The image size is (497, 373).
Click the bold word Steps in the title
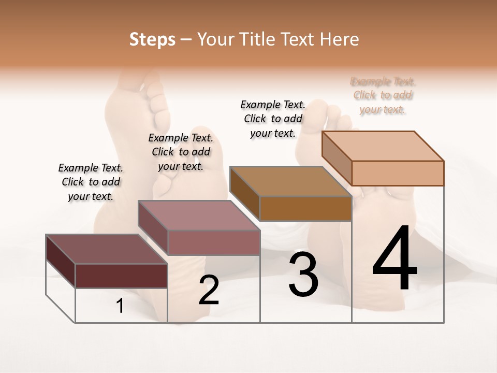152,39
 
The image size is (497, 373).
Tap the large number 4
395,259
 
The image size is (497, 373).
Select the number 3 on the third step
303,275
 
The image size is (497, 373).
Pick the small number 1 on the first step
120,306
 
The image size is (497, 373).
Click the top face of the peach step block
383,146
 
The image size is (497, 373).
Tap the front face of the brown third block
305,209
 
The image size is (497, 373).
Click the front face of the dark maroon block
121,276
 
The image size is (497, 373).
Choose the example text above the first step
91,182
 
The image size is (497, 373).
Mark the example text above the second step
181,152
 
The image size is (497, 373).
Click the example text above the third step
273,119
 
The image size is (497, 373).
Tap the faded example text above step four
383,95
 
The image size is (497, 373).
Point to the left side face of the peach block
337,157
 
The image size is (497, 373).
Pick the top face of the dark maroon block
107,249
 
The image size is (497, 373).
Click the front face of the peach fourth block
398,173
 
